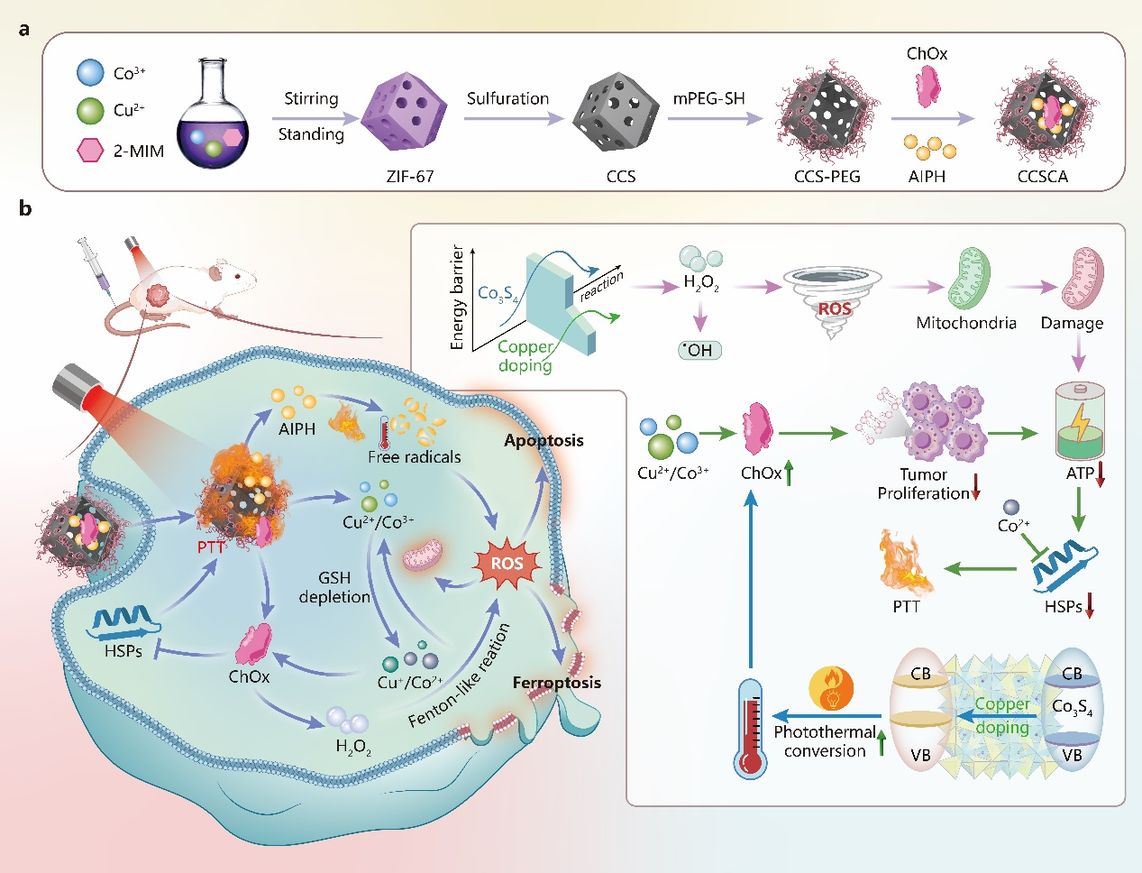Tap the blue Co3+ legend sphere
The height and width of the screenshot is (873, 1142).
(91, 73)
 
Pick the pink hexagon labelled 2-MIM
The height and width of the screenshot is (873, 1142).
(91, 150)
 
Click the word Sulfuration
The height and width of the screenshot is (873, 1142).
(507, 98)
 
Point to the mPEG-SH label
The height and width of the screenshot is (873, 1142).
(708, 98)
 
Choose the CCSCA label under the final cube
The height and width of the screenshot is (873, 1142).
(1043, 177)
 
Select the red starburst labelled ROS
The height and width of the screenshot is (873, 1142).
(507, 564)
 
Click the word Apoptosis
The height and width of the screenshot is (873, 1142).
(544, 440)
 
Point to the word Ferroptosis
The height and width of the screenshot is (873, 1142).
(556, 682)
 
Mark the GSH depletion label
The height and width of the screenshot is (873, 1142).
(334, 587)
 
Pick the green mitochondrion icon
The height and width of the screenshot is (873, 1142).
(968, 280)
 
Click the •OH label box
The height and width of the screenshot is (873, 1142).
(699, 350)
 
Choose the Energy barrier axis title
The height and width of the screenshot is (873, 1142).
(458, 297)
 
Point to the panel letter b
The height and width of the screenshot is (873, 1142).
(25, 209)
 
